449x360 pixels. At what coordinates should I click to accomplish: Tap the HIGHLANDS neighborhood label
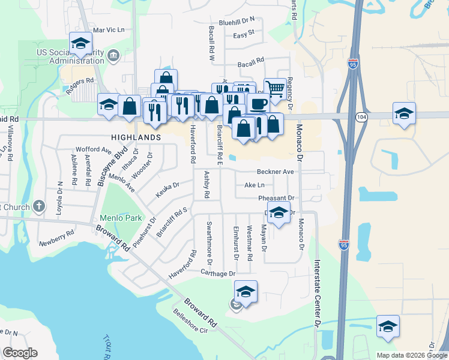click(x=136, y=137)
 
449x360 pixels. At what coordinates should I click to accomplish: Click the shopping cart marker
click(x=275, y=88)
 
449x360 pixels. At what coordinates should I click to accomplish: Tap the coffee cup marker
click(x=259, y=103)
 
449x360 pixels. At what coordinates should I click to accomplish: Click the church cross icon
click(x=40, y=206)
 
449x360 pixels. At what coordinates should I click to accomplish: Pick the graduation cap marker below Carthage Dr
click(x=246, y=292)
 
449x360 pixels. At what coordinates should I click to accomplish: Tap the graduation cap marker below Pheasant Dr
click(x=278, y=214)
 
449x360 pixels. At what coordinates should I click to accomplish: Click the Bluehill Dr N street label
click(x=237, y=20)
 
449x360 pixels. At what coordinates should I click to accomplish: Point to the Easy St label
click(x=244, y=35)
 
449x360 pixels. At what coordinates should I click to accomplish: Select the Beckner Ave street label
click(x=276, y=172)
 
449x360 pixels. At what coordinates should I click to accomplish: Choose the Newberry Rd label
click(x=56, y=243)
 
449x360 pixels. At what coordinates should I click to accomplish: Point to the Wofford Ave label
click(x=93, y=149)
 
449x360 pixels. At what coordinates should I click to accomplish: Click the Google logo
click(x=20, y=353)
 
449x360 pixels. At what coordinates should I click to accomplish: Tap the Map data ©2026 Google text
click(x=411, y=355)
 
